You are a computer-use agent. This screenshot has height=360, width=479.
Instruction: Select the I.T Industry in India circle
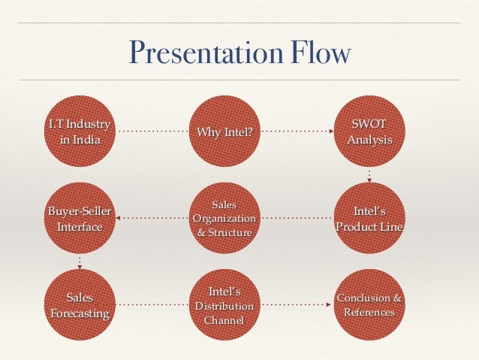(80, 132)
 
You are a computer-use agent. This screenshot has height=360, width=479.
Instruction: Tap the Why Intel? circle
(224, 133)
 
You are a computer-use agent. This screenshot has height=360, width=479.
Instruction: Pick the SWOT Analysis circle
(369, 132)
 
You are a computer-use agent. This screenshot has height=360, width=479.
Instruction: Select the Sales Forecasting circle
(80, 305)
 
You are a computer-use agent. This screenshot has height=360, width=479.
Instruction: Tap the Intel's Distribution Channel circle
(224, 305)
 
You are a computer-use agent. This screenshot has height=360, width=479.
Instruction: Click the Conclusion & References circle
(369, 305)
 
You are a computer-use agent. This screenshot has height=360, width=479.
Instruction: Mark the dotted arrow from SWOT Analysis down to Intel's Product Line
(369, 176)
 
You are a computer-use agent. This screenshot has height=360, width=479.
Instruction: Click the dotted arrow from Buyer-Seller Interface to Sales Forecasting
(80, 262)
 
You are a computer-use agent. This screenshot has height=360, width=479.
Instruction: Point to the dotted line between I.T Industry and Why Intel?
(152, 132)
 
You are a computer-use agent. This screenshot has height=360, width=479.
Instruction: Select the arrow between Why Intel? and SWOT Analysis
(297, 132)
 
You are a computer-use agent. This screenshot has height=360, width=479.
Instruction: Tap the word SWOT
(369, 124)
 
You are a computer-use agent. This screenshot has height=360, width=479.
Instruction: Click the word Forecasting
(80, 313)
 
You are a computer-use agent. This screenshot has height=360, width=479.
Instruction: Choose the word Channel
(224, 321)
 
